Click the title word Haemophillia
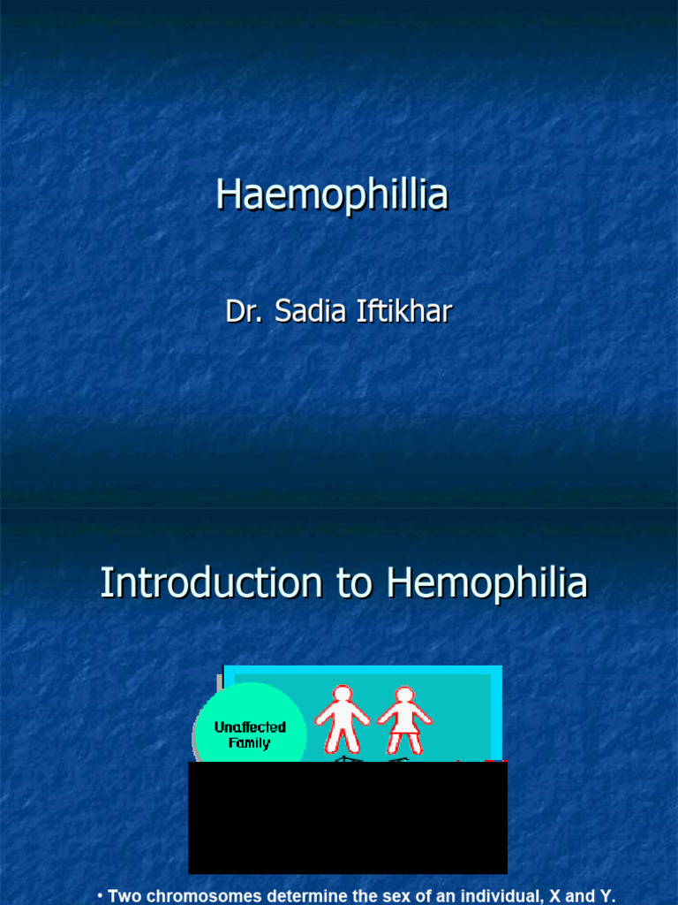[x=332, y=195]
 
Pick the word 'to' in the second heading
[x=354, y=583]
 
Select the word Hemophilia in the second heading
[x=486, y=583]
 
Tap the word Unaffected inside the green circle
[x=250, y=727]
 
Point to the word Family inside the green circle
[x=249, y=743]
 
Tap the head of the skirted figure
[x=404, y=695]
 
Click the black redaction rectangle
[x=348, y=818]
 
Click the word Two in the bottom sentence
[x=124, y=896]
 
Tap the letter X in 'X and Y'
[x=558, y=896]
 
